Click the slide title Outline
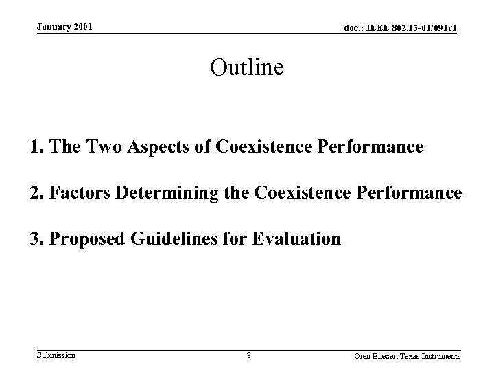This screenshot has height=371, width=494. tap(246, 67)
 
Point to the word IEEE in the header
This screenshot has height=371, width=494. tap(373, 28)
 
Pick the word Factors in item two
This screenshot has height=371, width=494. tap(73, 194)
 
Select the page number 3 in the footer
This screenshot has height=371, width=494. tap(248, 356)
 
